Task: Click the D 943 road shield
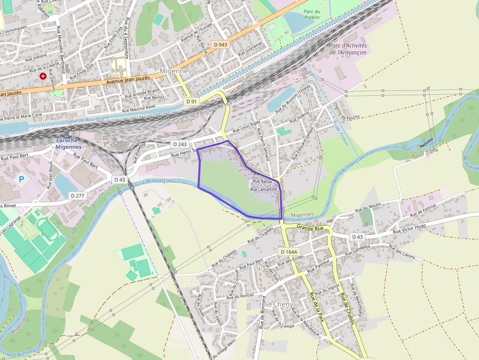click(220, 44)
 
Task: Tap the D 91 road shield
click(192, 101)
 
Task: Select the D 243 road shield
click(180, 145)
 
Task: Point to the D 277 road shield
click(78, 195)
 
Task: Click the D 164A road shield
click(289, 252)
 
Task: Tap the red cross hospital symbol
click(44, 76)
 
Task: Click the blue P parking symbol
click(21, 179)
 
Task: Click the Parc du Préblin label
click(311, 14)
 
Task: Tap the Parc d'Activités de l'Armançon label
click(348, 49)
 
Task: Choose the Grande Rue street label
click(310, 228)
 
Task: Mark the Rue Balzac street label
click(262, 181)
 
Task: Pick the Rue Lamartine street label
click(264, 189)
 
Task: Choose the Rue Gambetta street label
click(357, 250)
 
